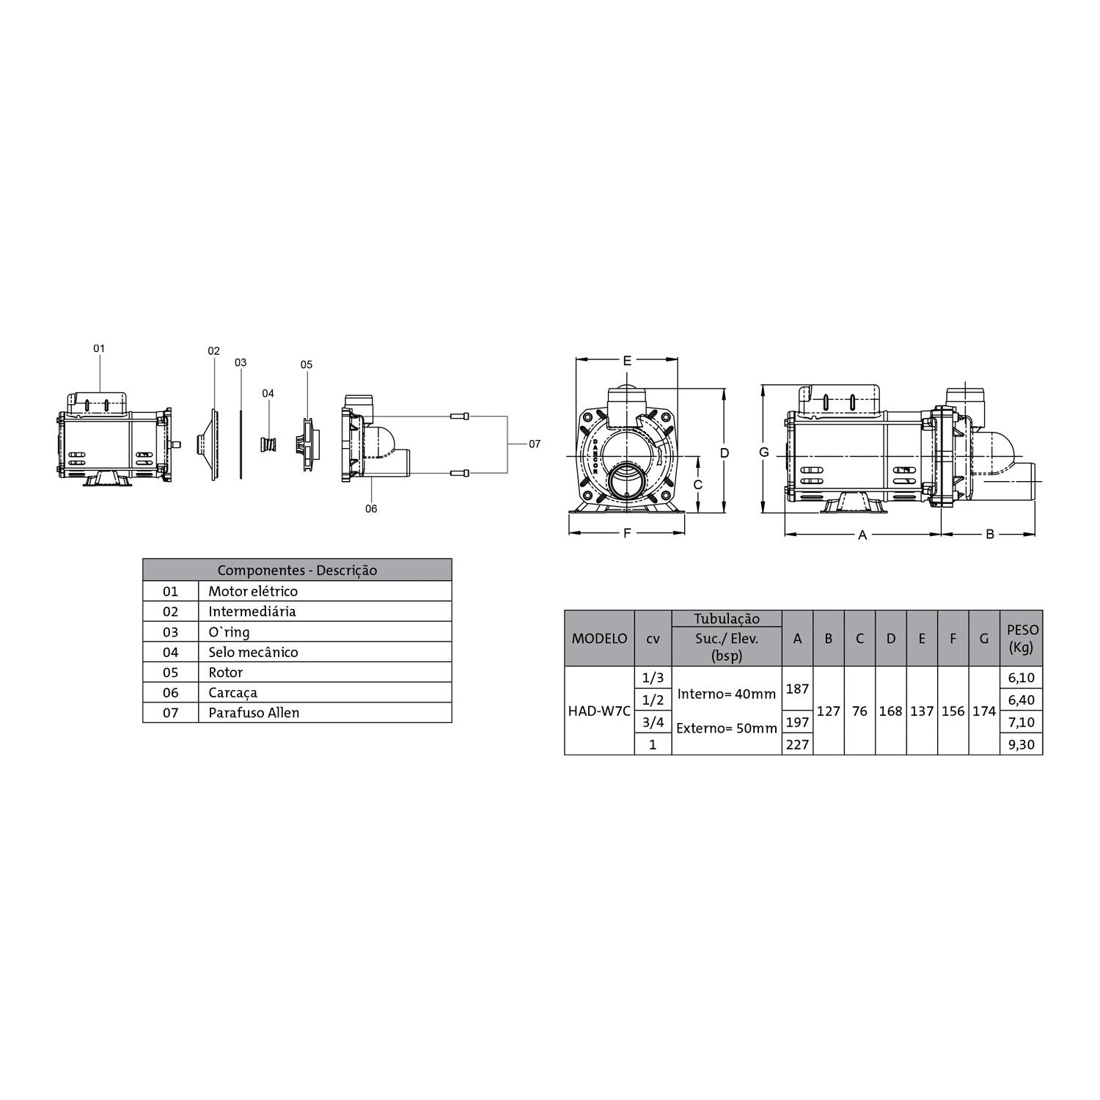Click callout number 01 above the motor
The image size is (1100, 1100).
click(99, 348)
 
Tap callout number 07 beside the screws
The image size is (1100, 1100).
click(535, 444)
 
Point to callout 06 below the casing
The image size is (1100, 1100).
click(371, 508)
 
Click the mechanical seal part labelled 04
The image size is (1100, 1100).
click(268, 444)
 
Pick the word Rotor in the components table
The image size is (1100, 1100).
click(225, 672)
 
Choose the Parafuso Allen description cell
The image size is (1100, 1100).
click(325, 713)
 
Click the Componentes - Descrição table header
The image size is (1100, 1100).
click(297, 571)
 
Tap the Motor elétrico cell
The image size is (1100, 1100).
click(325, 591)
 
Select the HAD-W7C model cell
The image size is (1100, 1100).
click(599, 711)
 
